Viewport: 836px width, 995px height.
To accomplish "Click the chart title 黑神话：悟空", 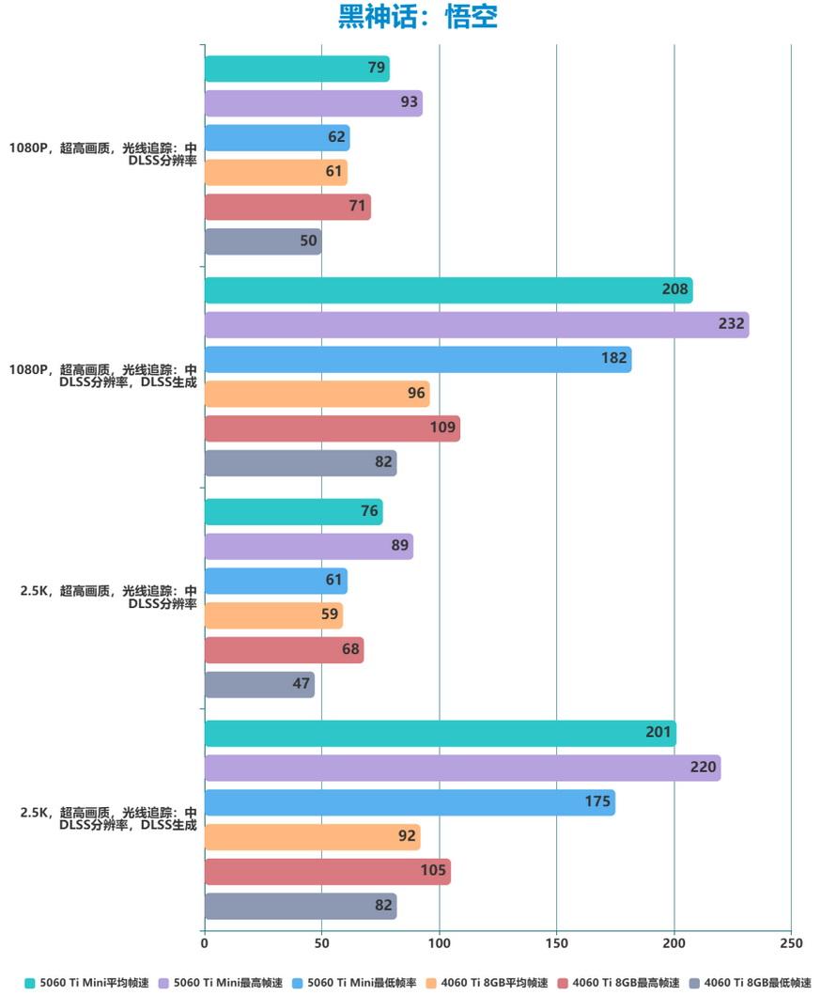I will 418,17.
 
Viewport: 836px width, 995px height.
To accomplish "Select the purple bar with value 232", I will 476,325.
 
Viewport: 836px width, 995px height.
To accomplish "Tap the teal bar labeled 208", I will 448,290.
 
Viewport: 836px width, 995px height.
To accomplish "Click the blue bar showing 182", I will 418,360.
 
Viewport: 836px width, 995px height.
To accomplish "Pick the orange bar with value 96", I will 317,394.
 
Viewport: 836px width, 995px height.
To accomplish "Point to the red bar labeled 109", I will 332,428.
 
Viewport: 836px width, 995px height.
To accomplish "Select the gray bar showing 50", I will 263,241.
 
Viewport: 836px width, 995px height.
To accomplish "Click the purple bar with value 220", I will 462,768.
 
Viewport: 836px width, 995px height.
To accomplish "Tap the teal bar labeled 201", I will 440,734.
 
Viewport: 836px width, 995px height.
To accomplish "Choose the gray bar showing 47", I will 259,684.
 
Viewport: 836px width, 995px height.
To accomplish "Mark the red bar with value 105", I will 327,871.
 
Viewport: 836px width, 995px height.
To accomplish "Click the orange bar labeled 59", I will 273,615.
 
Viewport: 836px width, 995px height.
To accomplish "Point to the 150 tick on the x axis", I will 556,942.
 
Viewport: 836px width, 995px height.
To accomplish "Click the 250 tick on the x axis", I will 791,942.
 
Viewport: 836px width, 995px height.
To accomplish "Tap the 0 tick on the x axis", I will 205,942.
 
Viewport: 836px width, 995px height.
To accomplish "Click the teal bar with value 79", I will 297,69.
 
